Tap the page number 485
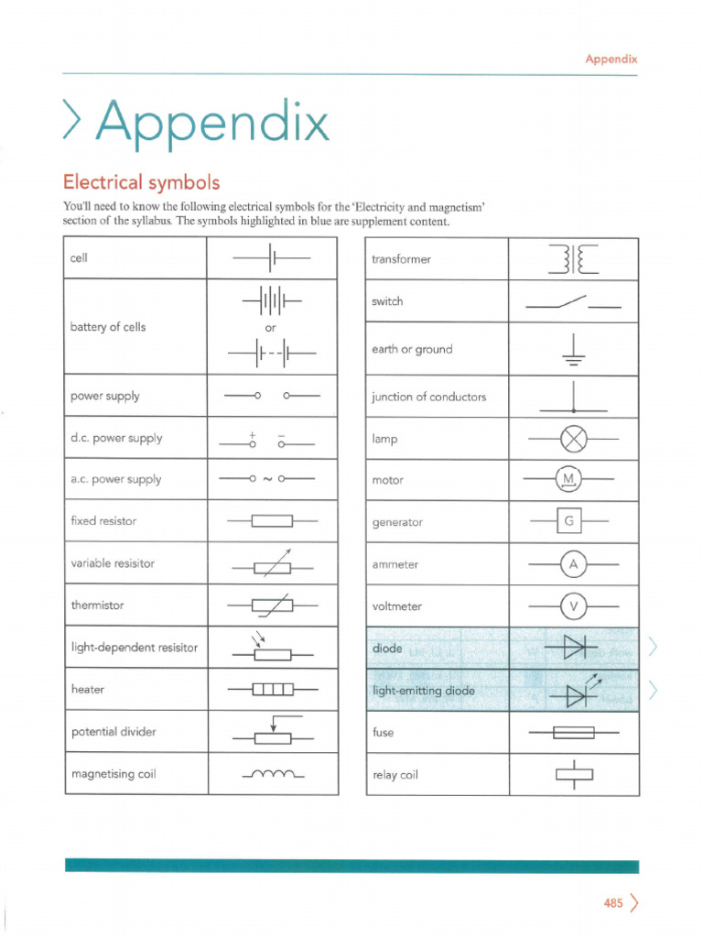(612, 903)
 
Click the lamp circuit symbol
(573, 440)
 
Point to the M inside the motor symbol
(568, 480)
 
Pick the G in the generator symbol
(568, 522)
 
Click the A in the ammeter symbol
(573, 565)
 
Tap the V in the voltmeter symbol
(573, 606)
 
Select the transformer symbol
(574, 259)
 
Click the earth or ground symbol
(573, 349)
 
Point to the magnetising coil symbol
(273, 775)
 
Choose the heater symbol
(273, 689)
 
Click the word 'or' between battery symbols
(271, 327)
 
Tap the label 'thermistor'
(97, 605)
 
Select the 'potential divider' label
(114, 732)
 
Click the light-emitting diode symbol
(573, 693)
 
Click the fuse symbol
(573, 733)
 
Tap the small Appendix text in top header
(611, 59)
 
